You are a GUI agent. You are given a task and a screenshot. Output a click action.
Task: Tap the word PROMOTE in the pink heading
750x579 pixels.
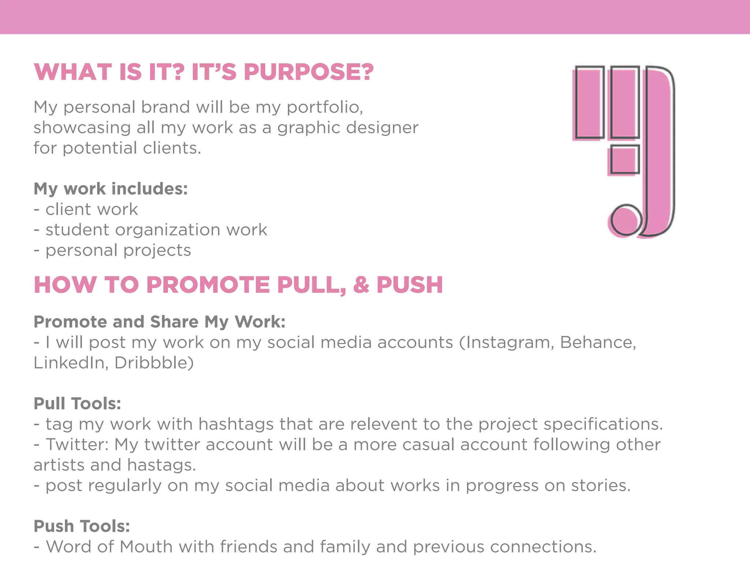point(208,285)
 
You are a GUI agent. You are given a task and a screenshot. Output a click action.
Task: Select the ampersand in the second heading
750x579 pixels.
point(361,285)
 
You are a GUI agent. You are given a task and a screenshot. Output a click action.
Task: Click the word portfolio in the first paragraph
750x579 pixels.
point(324,108)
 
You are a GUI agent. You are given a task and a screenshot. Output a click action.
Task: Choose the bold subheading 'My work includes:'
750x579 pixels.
point(111,189)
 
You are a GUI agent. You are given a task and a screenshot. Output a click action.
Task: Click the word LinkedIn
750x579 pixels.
point(71,363)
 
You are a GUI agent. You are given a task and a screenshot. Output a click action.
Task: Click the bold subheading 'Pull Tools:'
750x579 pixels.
point(77,404)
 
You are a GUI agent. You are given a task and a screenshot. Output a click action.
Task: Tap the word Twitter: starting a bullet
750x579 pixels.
point(77,445)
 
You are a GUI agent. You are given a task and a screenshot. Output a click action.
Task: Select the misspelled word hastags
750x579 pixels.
point(161,465)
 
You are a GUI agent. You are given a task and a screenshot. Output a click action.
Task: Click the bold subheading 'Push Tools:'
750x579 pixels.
point(82,526)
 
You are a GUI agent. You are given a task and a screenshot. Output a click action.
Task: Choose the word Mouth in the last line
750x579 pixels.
point(146,547)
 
